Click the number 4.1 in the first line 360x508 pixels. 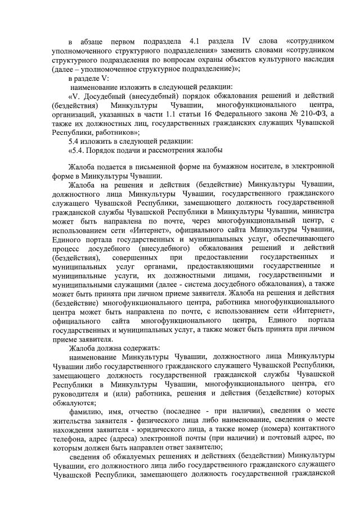pyautogui.click(x=197, y=42)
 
